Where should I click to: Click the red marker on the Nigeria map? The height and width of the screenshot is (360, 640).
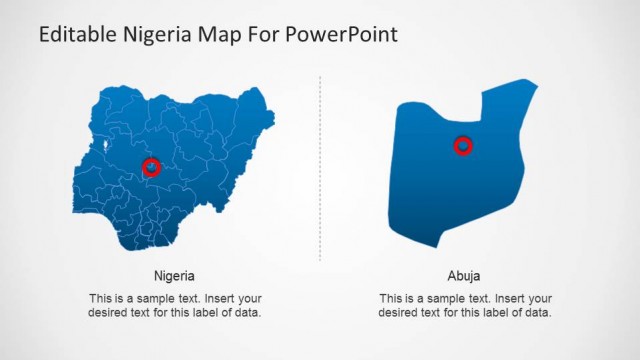(152, 167)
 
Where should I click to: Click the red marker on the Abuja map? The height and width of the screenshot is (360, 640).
(463, 146)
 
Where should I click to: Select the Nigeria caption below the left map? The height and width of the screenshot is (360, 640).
(174, 276)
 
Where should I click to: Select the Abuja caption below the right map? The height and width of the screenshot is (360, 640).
(464, 276)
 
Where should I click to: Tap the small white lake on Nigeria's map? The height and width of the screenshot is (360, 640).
(107, 147)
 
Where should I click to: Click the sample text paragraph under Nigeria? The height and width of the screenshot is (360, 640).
(175, 305)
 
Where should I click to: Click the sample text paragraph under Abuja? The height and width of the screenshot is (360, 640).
(465, 305)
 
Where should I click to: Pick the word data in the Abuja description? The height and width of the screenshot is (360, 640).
(536, 313)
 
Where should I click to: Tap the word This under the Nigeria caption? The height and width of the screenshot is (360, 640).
(101, 298)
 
